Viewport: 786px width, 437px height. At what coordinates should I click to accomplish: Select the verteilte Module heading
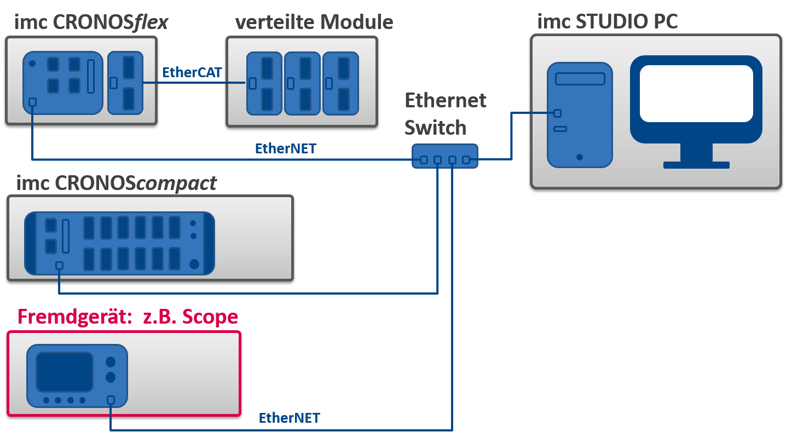point(314,22)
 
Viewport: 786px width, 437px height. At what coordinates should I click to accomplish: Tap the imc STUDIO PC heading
point(607,21)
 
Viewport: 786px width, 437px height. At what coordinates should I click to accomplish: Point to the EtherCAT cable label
point(192,72)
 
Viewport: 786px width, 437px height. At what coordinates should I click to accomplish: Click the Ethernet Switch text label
point(444,114)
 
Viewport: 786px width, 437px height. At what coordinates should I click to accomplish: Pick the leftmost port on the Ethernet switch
point(424,160)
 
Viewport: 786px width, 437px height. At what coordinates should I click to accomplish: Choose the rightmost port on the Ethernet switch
point(466,160)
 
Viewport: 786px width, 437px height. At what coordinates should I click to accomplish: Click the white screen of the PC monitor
point(696,94)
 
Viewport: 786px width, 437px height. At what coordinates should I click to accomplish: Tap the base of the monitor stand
point(696,165)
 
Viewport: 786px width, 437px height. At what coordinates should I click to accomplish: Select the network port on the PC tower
point(557,113)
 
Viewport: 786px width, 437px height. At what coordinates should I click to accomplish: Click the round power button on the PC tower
point(579,157)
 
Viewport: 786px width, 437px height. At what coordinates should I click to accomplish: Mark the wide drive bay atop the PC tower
point(580,79)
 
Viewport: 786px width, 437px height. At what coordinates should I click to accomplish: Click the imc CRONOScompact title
point(116,183)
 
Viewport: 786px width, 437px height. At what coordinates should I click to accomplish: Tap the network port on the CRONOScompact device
point(59,266)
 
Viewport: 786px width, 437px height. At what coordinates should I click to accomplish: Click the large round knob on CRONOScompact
point(194,264)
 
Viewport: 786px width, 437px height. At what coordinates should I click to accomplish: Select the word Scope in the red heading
point(210,317)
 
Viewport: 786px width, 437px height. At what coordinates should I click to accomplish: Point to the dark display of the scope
point(65,372)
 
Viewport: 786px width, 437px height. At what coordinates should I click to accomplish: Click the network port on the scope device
point(111,400)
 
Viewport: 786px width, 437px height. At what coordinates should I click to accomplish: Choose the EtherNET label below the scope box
point(289,418)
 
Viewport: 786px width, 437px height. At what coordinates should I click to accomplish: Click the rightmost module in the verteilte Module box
point(340,83)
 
